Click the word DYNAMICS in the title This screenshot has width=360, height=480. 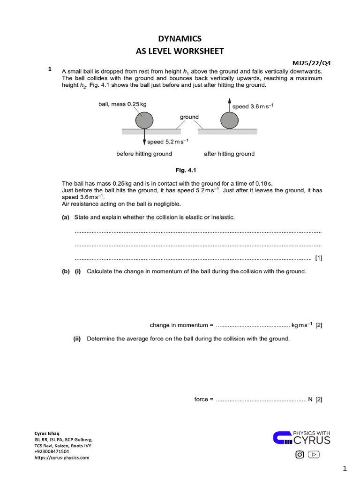(x=180, y=39)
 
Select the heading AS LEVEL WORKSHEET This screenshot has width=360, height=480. (x=180, y=51)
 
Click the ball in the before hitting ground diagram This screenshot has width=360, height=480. (x=144, y=120)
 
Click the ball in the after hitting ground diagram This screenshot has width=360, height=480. (x=229, y=120)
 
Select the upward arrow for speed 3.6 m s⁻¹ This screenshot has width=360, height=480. (x=229, y=105)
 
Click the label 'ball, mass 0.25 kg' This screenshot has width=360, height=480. (x=119, y=104)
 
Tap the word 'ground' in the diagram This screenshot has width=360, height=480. (x=189, y=117)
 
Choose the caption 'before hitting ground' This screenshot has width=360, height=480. (x=144, y=154)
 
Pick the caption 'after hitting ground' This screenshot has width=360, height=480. (x=229, y=154)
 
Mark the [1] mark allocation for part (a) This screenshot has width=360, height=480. (x=318, y=258)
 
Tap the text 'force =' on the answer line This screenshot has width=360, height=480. (x=203, y=399)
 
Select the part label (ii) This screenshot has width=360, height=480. (x=77, y=338)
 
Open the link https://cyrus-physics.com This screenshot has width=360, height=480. (x=61, y=457)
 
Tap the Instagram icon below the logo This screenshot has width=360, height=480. (x=299, y=454)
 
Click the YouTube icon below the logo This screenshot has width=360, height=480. (x=314, y=454)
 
